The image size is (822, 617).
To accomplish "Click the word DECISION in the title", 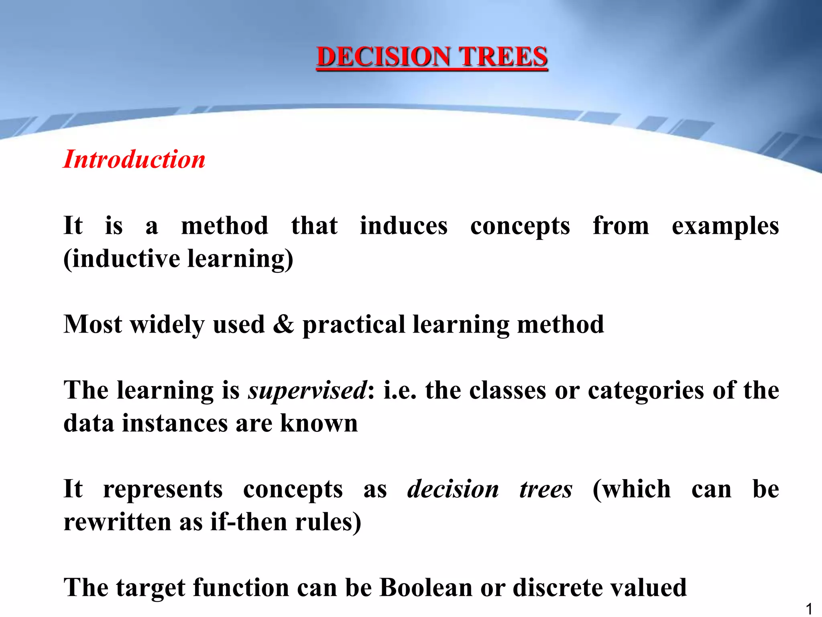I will (x=383, y=57).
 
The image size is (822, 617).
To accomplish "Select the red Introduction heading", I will (x=134, y=159).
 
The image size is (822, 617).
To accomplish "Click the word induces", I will (x=403, y=226).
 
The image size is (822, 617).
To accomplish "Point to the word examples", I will (x=725, y=227).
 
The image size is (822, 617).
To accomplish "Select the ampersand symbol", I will (x=283, y=325).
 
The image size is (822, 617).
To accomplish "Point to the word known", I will (x=319, y=423).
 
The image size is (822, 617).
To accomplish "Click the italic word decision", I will (x=453, y=490).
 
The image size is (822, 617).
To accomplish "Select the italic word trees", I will (x=546, y=490).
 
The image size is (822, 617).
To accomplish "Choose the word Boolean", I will (x=426, y=588).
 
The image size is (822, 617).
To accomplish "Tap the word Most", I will (x=93, y=325).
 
